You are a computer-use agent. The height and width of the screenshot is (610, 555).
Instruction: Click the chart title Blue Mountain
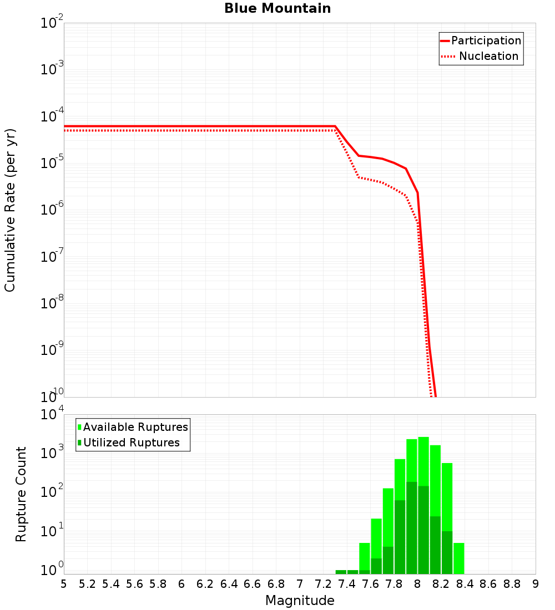click(277, 9)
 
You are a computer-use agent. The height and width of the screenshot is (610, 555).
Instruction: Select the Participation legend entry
click(486, 40)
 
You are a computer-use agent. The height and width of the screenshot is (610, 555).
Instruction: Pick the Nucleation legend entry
click(488, 56)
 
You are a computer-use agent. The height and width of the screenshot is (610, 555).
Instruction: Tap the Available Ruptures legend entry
click(135, 427)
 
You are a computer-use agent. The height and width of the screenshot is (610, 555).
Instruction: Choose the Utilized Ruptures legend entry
click(131, 443)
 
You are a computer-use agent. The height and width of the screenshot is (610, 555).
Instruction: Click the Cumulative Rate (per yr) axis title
click(11, 210)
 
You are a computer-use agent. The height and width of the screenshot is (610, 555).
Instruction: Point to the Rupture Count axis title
click(21, 494)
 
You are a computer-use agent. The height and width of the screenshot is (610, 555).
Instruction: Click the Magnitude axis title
click(300, 601)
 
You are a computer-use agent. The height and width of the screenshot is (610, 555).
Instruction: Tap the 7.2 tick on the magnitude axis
click(323, 584)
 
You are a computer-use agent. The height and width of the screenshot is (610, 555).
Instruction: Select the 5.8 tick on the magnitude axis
click(158, 584)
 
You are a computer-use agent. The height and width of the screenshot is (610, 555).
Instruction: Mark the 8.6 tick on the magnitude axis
click(488, 584)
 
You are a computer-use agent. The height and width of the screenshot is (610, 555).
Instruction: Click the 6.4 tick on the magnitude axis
click(229, 584)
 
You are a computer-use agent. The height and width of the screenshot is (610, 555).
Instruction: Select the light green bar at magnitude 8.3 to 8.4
click(458, 558)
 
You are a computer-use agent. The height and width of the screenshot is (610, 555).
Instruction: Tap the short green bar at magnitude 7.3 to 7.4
click(341, 572)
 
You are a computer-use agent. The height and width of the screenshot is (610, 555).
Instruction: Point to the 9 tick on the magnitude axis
click(536, 584)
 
